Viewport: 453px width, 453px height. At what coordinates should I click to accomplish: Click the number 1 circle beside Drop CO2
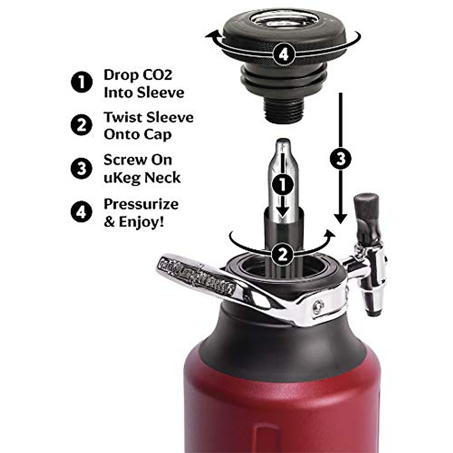[x=82, y=82]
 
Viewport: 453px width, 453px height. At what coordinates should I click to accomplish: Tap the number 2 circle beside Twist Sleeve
[x=82, y=125]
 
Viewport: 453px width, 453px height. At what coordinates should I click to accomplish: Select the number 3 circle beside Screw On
[x=82, y=168]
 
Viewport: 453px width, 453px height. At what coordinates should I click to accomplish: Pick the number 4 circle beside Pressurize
[x=82, y=212]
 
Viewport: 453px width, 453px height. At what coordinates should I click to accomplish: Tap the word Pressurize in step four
[x=141, y=204]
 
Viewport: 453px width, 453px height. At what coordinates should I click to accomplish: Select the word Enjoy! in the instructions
[x=141, y=222]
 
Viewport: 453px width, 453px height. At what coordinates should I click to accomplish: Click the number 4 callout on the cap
[x=284, y=54]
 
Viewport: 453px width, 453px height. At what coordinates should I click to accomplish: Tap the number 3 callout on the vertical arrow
[x=341, y=159]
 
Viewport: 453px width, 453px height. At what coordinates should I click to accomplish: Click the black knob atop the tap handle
[x=366, y=206]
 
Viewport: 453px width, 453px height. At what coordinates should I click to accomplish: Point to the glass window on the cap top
[x=285, y=18]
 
